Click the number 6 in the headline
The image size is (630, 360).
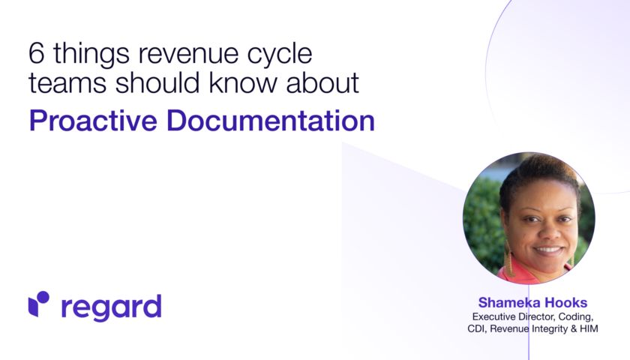click(36, 53)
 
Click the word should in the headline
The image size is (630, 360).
click(157, 82)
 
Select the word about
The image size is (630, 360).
click(322, 82)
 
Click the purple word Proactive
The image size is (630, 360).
click(93, 121)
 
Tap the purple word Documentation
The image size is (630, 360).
click(271, 121)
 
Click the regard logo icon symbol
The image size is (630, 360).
click(38, 304)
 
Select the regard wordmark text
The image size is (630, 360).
click(111, 307)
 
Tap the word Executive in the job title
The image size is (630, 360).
click(493, 316)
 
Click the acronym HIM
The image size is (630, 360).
click(589, 328)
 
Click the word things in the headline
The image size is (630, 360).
click(91, 54)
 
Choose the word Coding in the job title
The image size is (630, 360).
click(576, 317)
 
